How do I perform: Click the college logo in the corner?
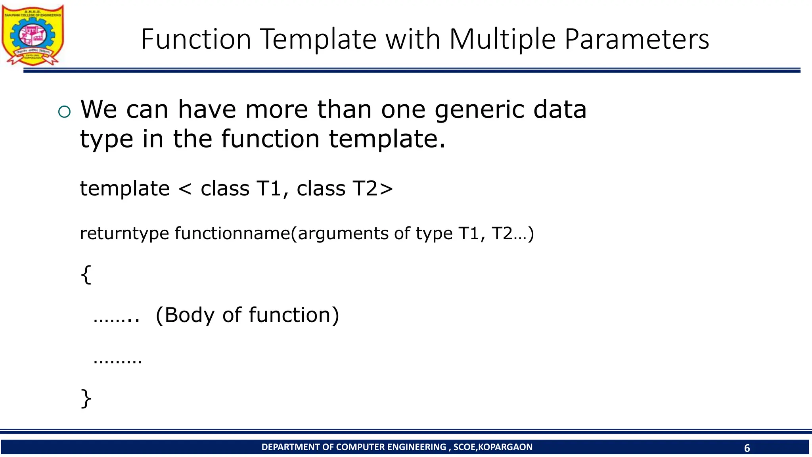coord(33,35)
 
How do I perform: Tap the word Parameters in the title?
coord(637,39)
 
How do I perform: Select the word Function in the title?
coord(196,39)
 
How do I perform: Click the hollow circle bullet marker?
coord(64,112)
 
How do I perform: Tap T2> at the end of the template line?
coord(373,188)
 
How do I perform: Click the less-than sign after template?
coord(185,189)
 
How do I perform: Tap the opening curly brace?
coord(86,275)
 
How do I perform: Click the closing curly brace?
coord(86,398)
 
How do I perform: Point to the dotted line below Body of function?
coord(117,361)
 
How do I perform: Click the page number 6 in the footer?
coord(747,448)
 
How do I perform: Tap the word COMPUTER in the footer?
coord(360,447)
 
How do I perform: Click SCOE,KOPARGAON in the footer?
coord(493,447)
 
